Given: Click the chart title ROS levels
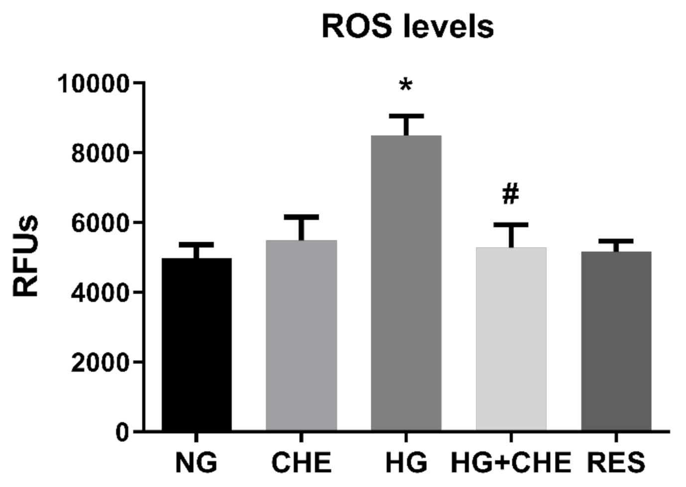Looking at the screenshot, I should click(407, 26).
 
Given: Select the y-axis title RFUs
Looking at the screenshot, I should click(25, 256).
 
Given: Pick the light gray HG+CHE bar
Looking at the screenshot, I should click(511, 339).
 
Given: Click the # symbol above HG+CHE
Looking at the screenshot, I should click(511, 194).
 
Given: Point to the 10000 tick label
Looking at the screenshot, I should click(94, 84).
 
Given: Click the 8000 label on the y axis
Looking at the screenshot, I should click(100, 153).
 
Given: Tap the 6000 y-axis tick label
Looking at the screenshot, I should click(100, 223).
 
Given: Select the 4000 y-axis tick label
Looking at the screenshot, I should click(100, 293).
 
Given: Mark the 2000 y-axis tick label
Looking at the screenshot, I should click(100, 363).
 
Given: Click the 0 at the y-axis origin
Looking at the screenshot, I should click(122, 432).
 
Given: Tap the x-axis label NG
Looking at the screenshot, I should click(197, 463).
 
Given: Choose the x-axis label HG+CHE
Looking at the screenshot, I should click(511, 463).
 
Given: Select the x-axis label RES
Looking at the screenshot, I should click(616, 463).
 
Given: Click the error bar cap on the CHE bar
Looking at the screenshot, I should click(301, 217).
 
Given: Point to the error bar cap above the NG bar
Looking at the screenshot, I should click(197, 245).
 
